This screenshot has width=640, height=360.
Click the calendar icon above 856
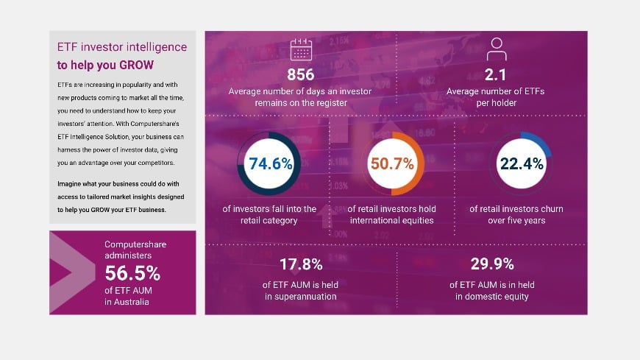point(301,49)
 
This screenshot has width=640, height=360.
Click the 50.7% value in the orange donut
point(392,163)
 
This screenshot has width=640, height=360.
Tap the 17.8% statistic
point(299,264)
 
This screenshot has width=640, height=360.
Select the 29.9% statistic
point(491,264)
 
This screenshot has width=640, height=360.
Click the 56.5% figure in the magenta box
point(132,273)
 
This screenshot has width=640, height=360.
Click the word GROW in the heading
point(137,64)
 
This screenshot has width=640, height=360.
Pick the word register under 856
point(328,103)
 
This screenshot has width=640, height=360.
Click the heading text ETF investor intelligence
point(121,47)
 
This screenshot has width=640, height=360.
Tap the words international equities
point(392,220)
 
